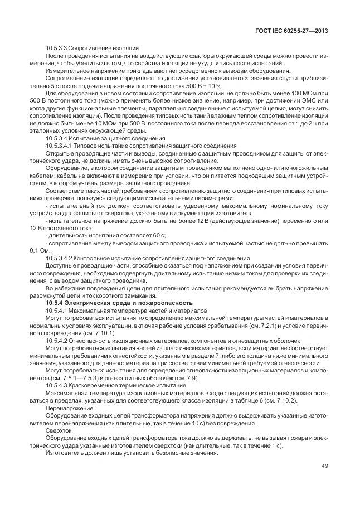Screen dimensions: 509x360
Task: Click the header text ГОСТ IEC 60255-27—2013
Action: click(x=290, y=31)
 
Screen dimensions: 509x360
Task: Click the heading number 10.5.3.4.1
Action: click(x=62, y=145)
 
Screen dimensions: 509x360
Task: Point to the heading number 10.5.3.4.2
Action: click(x=62, y=258)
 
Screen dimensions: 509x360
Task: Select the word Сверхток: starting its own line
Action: click(x=59, y=430)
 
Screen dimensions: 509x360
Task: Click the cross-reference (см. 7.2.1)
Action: click(x=260, y=324)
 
